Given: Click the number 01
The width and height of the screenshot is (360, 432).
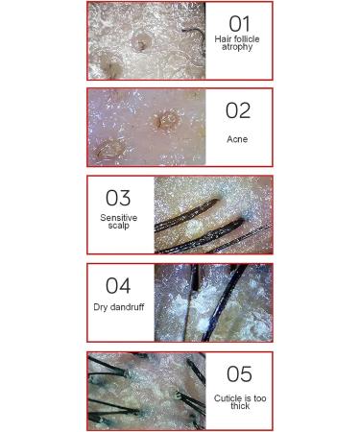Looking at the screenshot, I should click(x=238, y=23).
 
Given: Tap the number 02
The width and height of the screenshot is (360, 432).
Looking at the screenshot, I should click(x=237, y=110).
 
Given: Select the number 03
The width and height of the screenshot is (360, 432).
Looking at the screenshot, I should click(x=118, y=198).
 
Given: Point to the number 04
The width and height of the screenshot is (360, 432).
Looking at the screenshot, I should click(x=118, y=285).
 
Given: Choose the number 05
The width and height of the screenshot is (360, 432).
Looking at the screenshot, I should click(x=239, y=373).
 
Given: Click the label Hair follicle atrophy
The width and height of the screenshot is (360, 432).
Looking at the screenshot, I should click(x=237, y=43).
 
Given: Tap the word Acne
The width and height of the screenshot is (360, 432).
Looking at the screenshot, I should click(x=237, y=139).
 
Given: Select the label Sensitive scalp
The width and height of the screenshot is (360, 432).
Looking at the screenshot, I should click(x=118, y=222).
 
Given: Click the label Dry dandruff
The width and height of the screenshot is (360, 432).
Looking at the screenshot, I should click(x=118, y=307).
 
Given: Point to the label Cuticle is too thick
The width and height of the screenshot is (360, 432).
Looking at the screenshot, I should click(x=239, y=401).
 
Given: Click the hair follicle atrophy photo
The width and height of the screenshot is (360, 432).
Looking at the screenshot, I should click(x=146, y=40).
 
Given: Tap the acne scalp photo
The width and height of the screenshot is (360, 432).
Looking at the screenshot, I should click(x=146, y=128).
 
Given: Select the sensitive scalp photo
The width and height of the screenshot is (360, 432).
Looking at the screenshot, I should click(x=212, y=214).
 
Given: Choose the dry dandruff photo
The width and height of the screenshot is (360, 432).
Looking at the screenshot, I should click(x=212, y=302).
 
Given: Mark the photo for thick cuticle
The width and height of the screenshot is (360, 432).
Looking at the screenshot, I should click(x=146, y=391).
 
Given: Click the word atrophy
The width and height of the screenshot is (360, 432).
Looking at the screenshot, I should click(x=237, y=47).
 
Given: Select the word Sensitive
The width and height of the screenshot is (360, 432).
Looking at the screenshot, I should click(x=118, y=218).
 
